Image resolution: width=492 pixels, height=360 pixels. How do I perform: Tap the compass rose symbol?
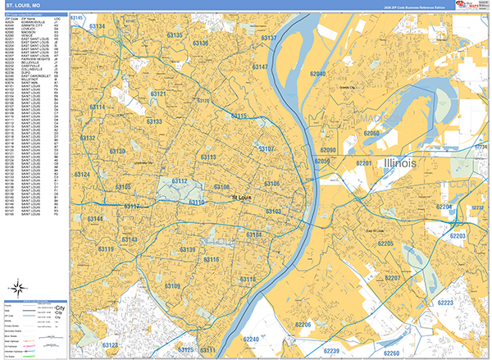pyautogui.click(x=16, y=287)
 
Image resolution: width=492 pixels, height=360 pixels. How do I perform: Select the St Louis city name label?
pyautogui.click(x=241, y=197)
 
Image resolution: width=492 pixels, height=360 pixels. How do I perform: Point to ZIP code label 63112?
pyautogui.click(x=179, y=181)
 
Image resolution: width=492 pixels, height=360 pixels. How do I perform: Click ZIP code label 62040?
pyautogui.click(x=317, y=74)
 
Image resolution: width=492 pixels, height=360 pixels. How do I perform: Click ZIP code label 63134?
pyautogui.click(x=97, y=27)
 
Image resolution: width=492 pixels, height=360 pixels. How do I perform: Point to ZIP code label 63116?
pyautogui.click(x=212, y=260)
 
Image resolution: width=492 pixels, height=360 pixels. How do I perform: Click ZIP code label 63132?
pyautogui.click(x=89, y=139)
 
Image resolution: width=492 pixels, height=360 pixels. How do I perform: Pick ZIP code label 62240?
pyautogui.click(x=253, y=339)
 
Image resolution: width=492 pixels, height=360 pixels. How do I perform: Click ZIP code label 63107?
pyautogui.click(x=266, y=148)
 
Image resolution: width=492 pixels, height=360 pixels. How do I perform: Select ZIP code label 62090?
pyautogui.click(x=328, y=150)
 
